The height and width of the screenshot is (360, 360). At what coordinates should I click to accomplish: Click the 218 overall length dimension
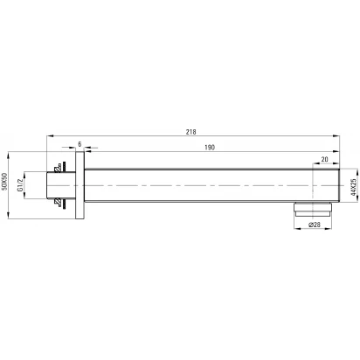point(190,132)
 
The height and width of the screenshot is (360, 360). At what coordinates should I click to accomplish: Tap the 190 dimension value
point(210,148)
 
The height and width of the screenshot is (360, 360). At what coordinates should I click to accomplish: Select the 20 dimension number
point(324,159)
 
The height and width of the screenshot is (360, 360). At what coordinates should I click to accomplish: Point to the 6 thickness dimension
point(80,144)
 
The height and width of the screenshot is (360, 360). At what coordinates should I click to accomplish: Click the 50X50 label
point(3,182)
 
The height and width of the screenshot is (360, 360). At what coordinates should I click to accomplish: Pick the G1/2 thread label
point(20,185)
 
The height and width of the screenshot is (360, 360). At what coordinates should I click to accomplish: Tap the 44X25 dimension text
point(353,187)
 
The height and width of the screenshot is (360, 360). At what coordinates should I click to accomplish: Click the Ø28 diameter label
point(315,225)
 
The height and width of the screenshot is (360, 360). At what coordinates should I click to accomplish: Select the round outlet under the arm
point(313,209)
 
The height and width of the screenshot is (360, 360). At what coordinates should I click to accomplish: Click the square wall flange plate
point(80,185)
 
